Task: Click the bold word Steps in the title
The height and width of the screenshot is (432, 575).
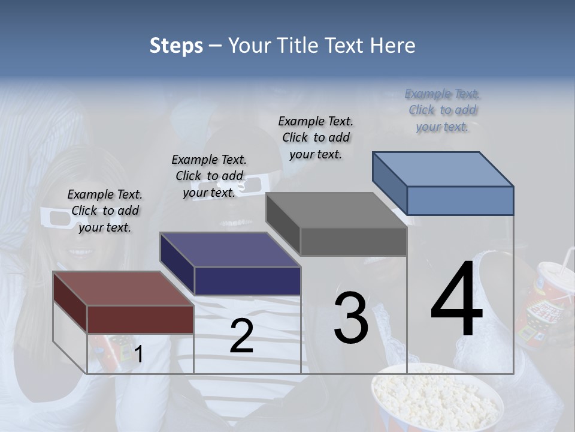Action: coord(175,46)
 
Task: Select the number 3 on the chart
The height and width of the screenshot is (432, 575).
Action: coord(351,318)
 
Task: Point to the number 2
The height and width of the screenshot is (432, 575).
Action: coord(241,336)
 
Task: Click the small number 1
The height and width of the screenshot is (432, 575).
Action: coord(138,355)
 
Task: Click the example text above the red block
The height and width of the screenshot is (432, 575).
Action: coord(105,211)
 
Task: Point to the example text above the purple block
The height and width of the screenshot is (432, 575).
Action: coord(209,176)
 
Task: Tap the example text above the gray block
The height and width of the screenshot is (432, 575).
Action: coord(316,137)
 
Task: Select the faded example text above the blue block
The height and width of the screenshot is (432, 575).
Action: coord(443,110)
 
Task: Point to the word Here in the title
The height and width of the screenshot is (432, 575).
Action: coord(392,46)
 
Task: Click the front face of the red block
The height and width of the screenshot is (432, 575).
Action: coord(140,319)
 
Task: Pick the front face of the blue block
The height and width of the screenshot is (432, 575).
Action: coord(460,200)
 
